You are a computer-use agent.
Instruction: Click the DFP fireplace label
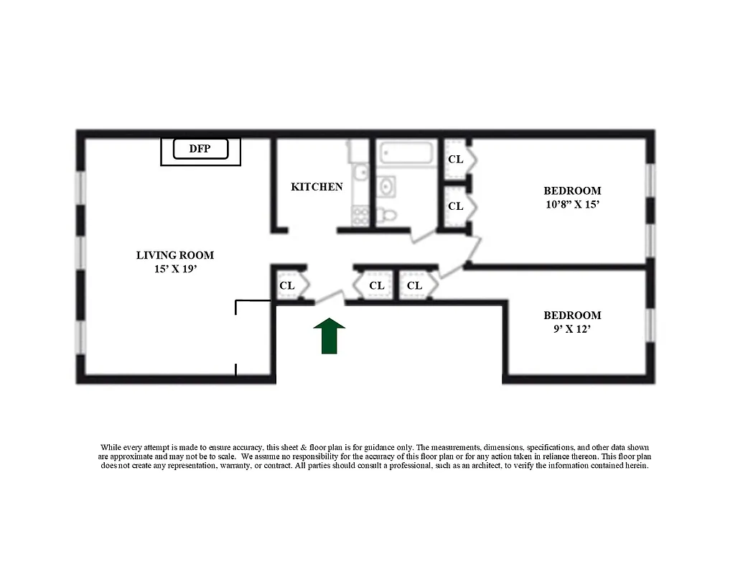pyautogui.click(x=201, y=149)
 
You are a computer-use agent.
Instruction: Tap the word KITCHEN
pyautogui.click(x=317, y=187)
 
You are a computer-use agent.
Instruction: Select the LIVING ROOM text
pyautogui.click(x=175, y=255)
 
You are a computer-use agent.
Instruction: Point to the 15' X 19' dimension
pyautogui.click(x=175, y=270)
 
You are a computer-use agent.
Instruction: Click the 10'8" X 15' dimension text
pyautogui.click(x=572, y=205)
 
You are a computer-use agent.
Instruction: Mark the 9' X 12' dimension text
pyautogui.click(x=572, y=330)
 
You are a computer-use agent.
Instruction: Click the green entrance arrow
pyautogui.click(x=330, y=336)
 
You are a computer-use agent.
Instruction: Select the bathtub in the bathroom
pyautogui.click(x=406, y=154)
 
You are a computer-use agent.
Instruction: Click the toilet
pyautogui.click(x=388, y=213)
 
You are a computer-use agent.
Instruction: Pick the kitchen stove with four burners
pyautogui.click(x=360, y=213)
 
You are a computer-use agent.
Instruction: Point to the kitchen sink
pyautogui.click(x=362, y=172)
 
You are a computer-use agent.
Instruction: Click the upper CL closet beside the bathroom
pyautogui.click(x=456, y=160)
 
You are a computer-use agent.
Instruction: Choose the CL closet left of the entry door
pyautogui.click(x=287, y=286)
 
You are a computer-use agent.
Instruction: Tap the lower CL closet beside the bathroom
pyautogui.click(x=456, y=206)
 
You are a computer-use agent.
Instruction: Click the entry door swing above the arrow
pyautogui.click(x=331, y=295)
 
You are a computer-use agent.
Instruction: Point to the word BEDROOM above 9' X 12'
pyautogui.click(x=572, y=316)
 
